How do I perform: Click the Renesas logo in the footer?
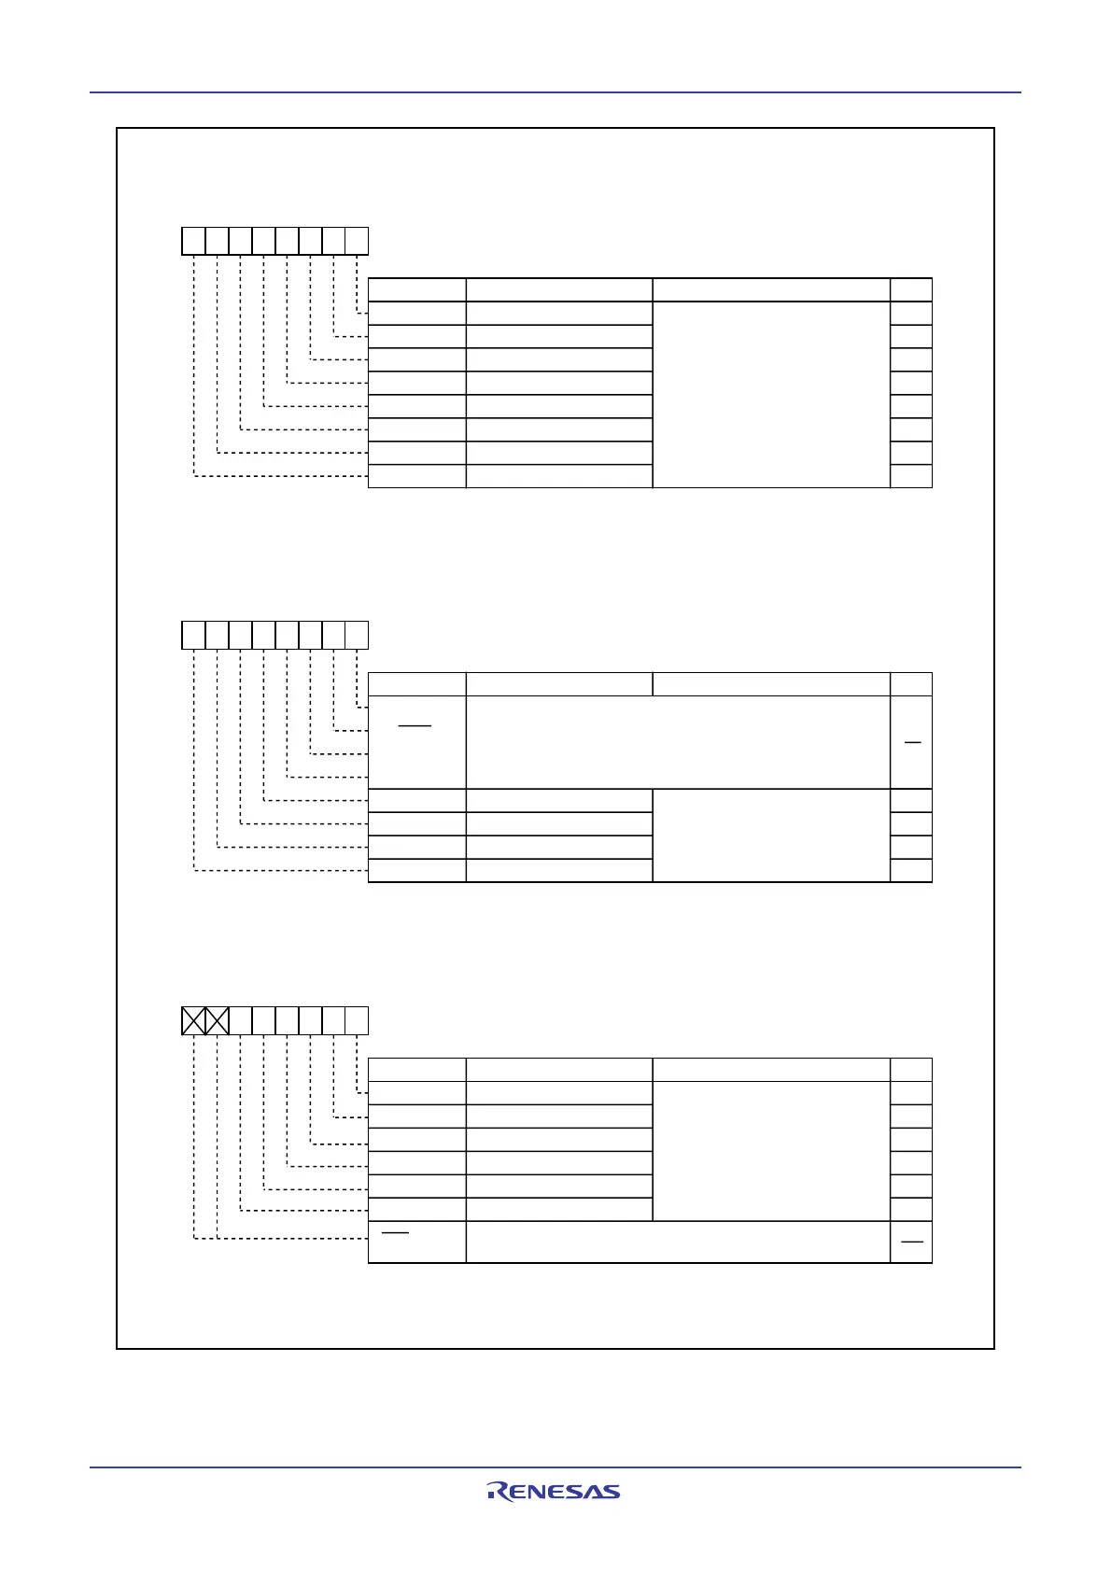tap(553, 1491)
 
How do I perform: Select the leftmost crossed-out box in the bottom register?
tap(193, 1020)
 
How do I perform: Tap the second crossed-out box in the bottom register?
tap(217, 1020)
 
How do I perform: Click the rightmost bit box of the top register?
tap(357, 241)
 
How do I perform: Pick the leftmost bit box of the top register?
tap(193, 241)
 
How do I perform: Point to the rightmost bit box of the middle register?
tap(357, 635)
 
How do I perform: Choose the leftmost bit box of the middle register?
tap(193, 635)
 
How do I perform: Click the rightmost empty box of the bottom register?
tap(357, 1020)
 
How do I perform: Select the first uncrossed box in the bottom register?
tap(240, 1020)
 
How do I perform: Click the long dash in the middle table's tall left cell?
tap(415, 725)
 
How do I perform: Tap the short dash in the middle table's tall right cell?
tap(912, 742)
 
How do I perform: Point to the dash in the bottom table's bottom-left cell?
tap(396, 1233)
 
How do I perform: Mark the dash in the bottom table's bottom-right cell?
tap(911, 1242)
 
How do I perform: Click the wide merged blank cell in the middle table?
tap(678, 742)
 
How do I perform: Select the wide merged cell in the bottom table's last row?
tap(678, 1242)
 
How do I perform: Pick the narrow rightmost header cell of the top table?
tap(911, 289)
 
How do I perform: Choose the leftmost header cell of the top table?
tap(417, 289)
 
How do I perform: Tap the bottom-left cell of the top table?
tap(417, 476)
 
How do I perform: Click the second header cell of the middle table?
tap(558, 683)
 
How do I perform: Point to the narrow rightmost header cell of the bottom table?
tap(911, 1070)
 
